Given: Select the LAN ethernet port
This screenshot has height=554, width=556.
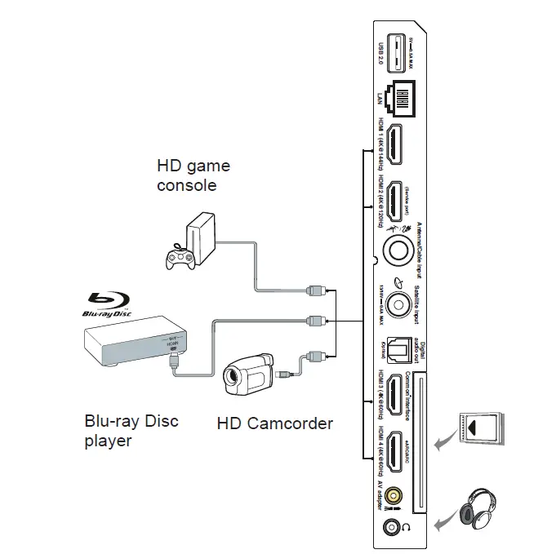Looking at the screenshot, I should (x=398, y=101).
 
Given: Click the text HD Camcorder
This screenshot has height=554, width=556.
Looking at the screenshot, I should (x=274, y=423).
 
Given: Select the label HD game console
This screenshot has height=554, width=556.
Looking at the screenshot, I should (x=193, y=175).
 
